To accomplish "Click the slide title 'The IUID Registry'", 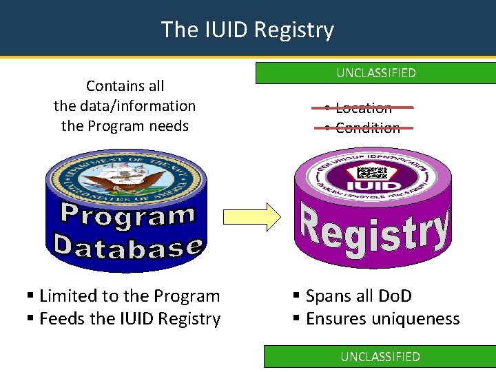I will pos(247,30).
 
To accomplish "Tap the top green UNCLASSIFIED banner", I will pos(376,73).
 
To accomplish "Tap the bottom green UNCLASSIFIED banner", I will pos(380,356).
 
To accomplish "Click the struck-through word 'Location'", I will pos(364,107).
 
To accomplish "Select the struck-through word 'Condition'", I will pos(368,127).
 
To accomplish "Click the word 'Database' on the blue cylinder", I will pos(127,245).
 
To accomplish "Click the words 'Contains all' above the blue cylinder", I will pos(125,86).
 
